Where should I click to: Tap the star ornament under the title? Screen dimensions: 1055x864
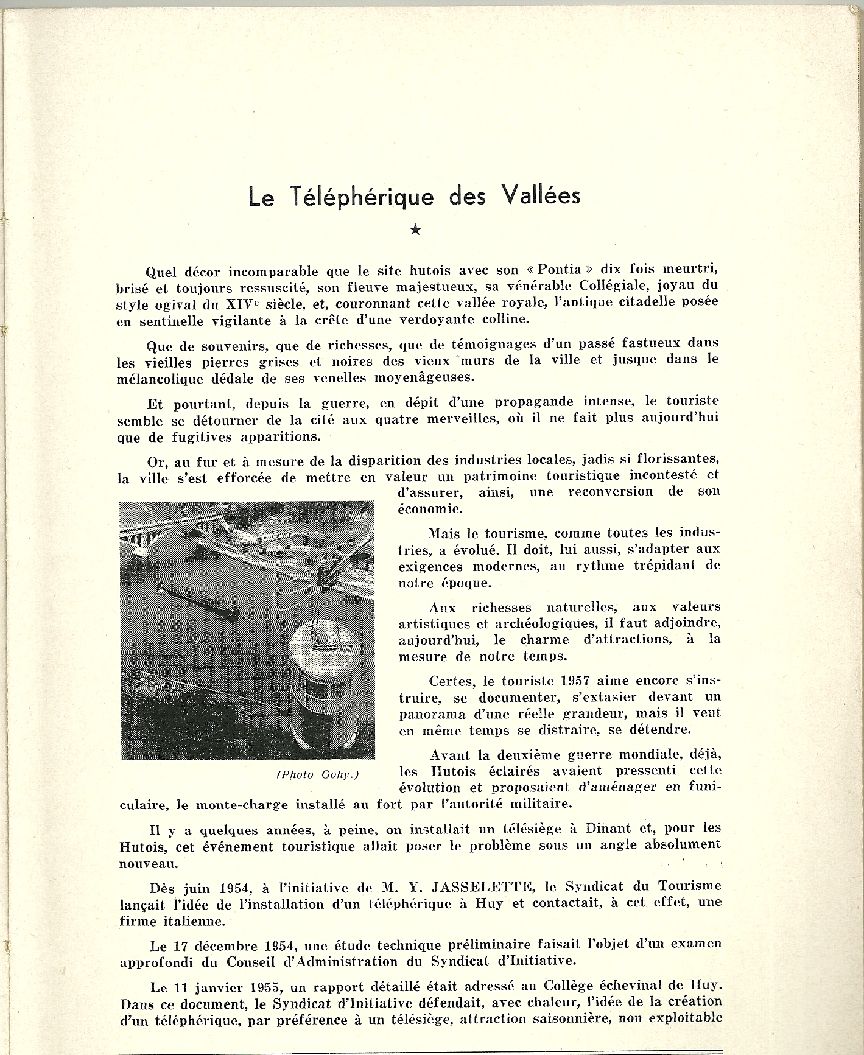click(415, 230)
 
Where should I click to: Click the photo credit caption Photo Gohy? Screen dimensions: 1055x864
click(317, 774)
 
